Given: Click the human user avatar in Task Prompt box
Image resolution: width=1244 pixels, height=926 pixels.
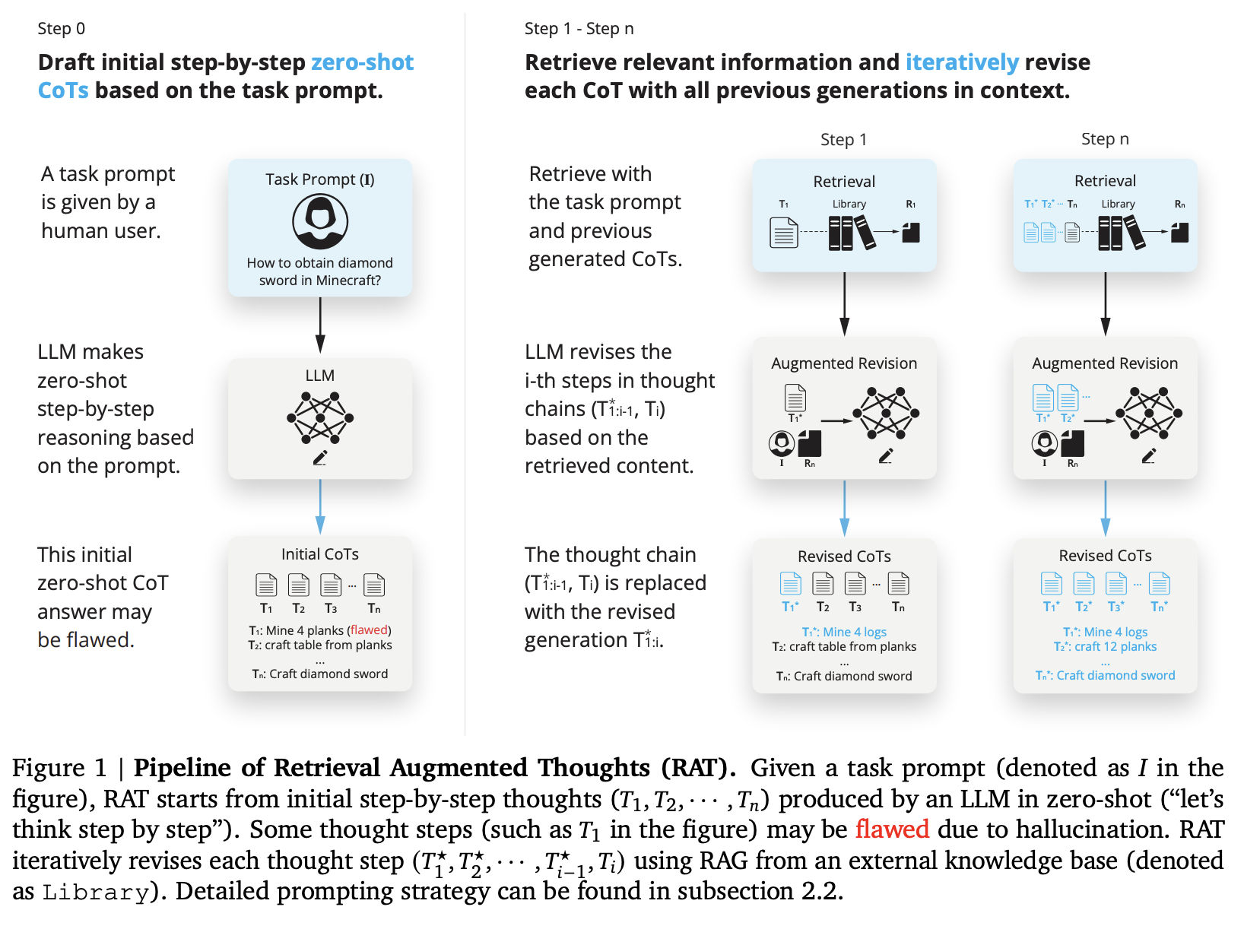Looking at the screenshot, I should (x=320, y=221).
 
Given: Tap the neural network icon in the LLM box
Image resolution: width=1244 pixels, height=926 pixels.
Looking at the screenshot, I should (x=320, y=417).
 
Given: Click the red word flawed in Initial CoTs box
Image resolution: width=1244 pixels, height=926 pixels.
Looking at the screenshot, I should (x=369, y=630).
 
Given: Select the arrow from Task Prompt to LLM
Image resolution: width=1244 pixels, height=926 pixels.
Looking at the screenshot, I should (x=320, y=325).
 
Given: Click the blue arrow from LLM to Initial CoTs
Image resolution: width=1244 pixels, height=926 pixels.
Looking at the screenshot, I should (x=320, y=507).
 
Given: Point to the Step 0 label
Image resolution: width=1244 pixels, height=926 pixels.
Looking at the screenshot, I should (x=62, y=29).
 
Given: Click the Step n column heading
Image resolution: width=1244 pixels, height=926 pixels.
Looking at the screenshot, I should (x=1105, y=139).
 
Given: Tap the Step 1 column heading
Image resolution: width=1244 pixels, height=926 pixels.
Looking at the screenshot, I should (x=843, y=140).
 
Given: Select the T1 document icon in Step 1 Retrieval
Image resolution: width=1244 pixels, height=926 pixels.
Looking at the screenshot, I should (x=784, y=233).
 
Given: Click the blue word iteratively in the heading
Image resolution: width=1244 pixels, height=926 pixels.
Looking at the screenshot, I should (x=962, y=62).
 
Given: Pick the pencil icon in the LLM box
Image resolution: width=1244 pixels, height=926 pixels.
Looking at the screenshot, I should (x=320, y=458).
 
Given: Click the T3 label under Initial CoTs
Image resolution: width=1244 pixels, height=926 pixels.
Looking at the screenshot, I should (x=331, y=608).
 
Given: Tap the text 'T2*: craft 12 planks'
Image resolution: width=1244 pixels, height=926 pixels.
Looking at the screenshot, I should (x=1105, y=647).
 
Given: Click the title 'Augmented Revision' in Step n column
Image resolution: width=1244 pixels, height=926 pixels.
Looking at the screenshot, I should (x=1105, y=363).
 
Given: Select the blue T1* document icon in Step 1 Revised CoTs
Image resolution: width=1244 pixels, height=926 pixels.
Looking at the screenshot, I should (x=791, y=584).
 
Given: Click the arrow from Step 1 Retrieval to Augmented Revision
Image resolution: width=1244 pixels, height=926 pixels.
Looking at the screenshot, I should (x=844, y=304).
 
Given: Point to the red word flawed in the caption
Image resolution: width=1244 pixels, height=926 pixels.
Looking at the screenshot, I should (x=892, y=829).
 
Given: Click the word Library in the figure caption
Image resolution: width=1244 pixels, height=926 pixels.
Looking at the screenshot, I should (x=95, y=892).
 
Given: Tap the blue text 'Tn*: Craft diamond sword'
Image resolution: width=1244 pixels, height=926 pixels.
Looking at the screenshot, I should (x=1105, y=675).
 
